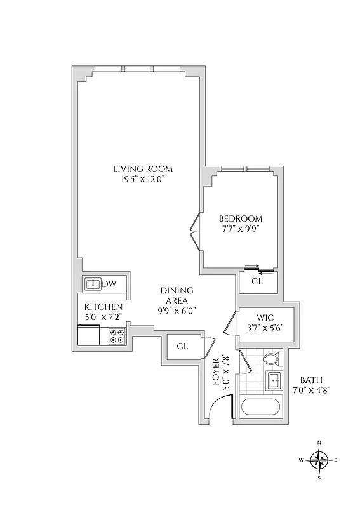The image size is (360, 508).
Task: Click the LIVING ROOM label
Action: [x=143, y=169]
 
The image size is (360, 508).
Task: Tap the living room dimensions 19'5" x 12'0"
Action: [x=143, y=180]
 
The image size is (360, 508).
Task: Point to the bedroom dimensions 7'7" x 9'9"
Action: [x=240, y=229]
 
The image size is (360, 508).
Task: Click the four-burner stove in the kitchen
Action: [x=116, y=335]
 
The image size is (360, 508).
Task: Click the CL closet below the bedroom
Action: [x=257, y=281]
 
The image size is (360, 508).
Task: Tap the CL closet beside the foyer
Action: [x=182, y=346]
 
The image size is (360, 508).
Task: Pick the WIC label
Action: [x=265, y=317]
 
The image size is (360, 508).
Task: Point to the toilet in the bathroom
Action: [x=270, y=359]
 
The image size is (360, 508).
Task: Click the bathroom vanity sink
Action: [x=274, y=381]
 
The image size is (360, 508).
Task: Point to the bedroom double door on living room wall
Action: [x=194, y=232]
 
